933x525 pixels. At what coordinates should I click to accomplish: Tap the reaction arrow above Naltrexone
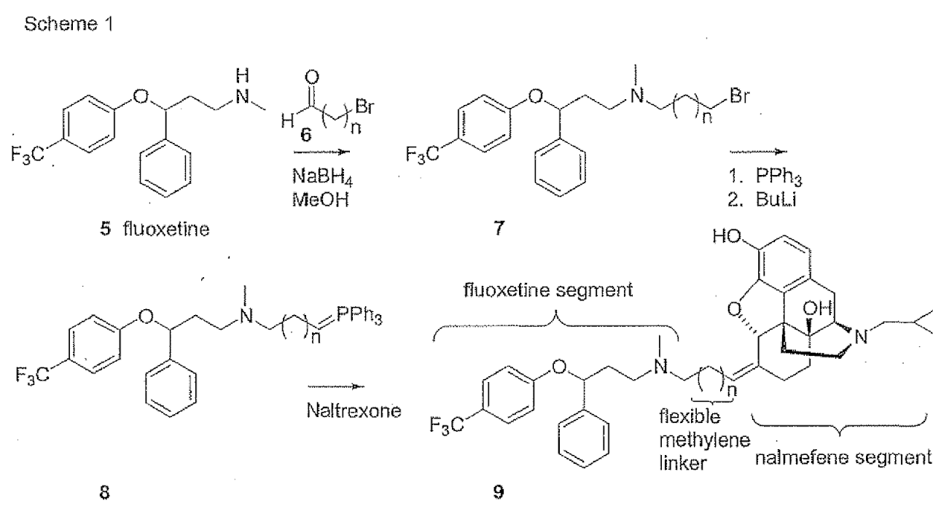[x=332, y=387]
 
